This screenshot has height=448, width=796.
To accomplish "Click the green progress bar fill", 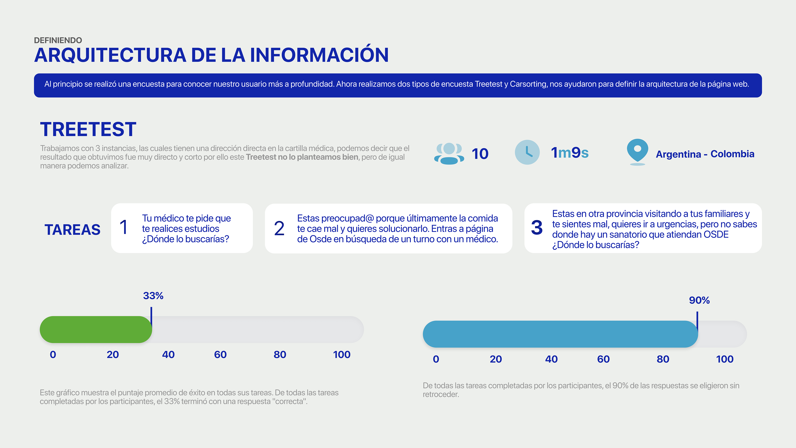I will (96, 329).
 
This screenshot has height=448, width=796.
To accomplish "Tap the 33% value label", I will (153, 296).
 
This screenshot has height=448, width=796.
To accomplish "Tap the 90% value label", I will (699, 300).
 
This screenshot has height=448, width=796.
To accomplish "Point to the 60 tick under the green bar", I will (220, 355).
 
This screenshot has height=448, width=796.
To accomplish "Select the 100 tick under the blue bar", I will (725, 359).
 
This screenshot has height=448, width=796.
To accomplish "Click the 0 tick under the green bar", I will (53, 355).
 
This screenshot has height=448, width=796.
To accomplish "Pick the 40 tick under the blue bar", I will (551, 359).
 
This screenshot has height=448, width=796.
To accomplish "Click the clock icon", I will (527, 152).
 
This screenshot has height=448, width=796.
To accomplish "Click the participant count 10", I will (480, 154).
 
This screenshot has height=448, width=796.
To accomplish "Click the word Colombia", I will (732, 154).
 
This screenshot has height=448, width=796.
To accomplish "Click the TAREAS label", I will (73, 230).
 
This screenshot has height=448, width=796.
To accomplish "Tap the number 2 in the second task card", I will (279, 229).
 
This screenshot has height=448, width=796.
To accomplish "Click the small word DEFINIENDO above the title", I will (58, 40).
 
